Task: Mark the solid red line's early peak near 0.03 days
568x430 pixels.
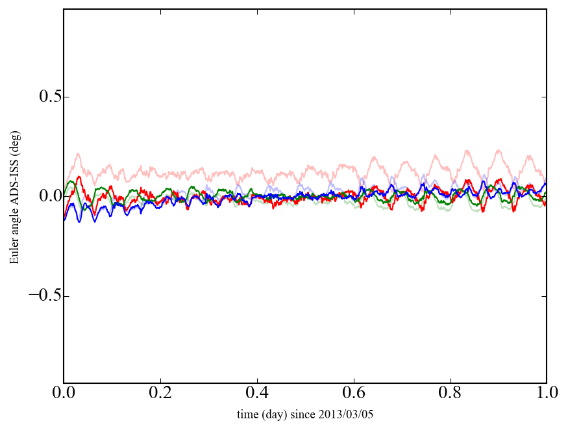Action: coord(79,177)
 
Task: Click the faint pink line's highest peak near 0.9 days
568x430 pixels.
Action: coord(499,150)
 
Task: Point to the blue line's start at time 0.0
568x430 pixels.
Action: coord(64,220)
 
